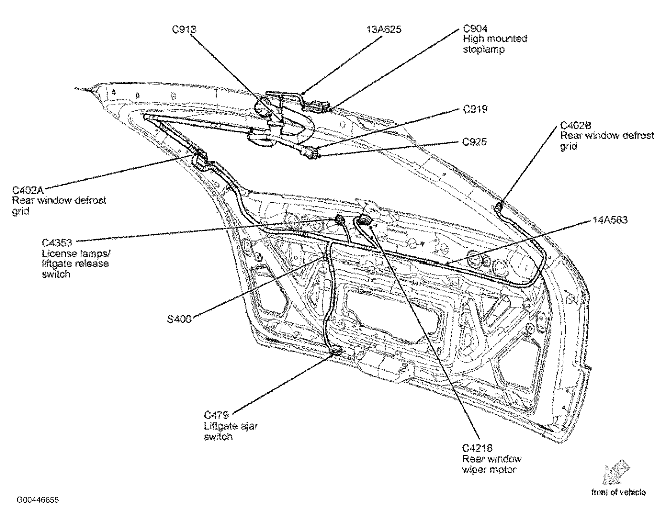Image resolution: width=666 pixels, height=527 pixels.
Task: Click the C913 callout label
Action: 184,29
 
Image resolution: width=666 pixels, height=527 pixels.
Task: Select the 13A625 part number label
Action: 384,29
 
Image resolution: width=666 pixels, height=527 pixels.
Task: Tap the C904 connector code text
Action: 475,29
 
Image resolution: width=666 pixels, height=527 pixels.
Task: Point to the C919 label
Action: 475,109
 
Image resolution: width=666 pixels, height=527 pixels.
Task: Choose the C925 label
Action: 474,142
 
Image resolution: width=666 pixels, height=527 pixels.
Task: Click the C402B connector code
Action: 576,125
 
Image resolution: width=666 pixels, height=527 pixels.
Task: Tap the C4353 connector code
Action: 57,242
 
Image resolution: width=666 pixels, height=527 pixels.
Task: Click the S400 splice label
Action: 179,319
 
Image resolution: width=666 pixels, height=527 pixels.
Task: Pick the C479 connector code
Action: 216,415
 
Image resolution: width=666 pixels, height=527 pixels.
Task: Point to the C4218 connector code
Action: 477,448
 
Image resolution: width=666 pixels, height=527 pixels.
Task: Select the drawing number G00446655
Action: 38,500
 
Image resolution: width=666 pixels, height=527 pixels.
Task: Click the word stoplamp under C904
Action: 484,50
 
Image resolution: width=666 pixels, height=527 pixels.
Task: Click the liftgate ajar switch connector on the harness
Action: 335,351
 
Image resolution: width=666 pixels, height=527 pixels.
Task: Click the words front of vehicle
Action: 618,492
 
